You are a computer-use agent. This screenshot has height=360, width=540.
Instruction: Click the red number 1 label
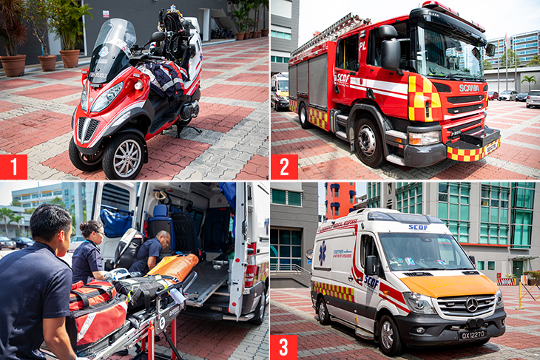point(13,166)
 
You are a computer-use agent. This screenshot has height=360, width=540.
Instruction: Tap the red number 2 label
point(284,166)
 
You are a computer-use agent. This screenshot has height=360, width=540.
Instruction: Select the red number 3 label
point(284,347)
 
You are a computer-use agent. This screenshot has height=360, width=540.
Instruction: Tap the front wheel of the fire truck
point(368,140)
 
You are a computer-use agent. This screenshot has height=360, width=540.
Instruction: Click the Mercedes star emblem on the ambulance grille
point(470,303)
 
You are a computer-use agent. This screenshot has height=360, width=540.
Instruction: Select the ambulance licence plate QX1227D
point(472,334)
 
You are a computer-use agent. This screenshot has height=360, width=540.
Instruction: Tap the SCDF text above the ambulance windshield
point(418,227)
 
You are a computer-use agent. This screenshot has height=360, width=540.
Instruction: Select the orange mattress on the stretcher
point(172,266)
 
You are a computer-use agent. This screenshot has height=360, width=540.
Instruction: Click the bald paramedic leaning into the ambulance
point(152,251)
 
